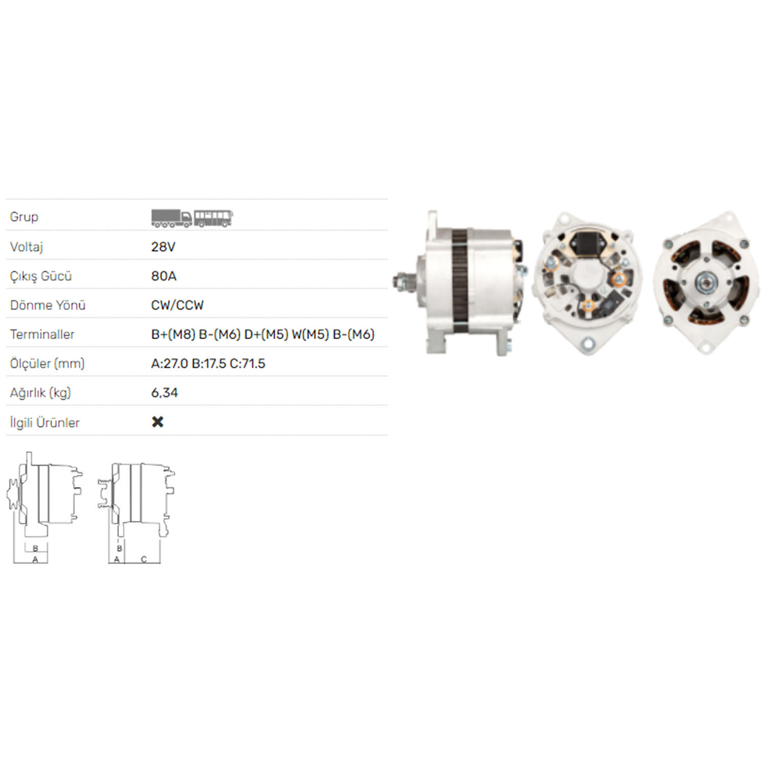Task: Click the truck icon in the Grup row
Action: point(172,218)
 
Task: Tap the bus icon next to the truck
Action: point(213,218)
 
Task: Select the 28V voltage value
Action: point(163,247)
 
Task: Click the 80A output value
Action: point(164,276)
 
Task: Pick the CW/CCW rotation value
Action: point(177,305)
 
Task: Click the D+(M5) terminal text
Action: point(266,334)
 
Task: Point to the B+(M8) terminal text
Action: point(173,334)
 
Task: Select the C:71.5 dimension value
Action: point(248,364)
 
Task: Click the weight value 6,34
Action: point(164,393)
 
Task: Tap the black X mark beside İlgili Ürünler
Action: point(158,422)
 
